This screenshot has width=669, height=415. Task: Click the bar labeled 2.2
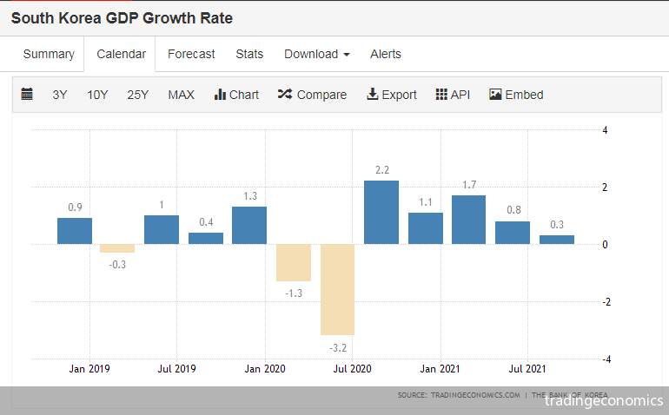381,212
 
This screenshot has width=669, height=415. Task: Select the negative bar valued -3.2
337,289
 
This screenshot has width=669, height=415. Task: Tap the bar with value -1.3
294,262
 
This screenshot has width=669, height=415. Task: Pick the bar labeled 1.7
468,220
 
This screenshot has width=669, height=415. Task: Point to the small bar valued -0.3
117,248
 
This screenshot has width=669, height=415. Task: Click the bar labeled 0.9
75,231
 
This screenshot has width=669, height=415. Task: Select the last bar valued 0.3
557,240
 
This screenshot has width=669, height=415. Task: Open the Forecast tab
191,54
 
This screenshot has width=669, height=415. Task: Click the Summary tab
49,54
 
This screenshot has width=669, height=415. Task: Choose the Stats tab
249,54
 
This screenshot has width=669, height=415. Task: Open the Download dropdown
316,54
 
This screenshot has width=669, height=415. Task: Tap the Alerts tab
386,54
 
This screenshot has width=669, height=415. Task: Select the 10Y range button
97,95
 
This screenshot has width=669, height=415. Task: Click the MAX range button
181,95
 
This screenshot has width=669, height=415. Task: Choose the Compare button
312,95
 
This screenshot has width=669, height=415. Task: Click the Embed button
516,95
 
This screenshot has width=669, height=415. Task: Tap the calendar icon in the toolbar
27,94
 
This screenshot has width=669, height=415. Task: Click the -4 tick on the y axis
606,359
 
